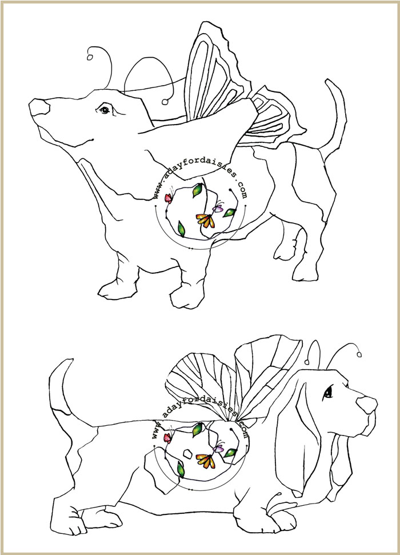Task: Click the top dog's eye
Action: [105, 110]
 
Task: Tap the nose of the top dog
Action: [39, 107]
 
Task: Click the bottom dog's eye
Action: [329, 392]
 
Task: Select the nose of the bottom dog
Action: [367, 405]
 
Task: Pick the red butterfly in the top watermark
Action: [169, 198]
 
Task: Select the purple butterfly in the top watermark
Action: [218, 207]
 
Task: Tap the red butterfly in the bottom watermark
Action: [167, 438]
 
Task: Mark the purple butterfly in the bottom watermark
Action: [219, 448]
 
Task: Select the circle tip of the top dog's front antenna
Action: [90, 57]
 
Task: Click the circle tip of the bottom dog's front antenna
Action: [359, 354]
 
